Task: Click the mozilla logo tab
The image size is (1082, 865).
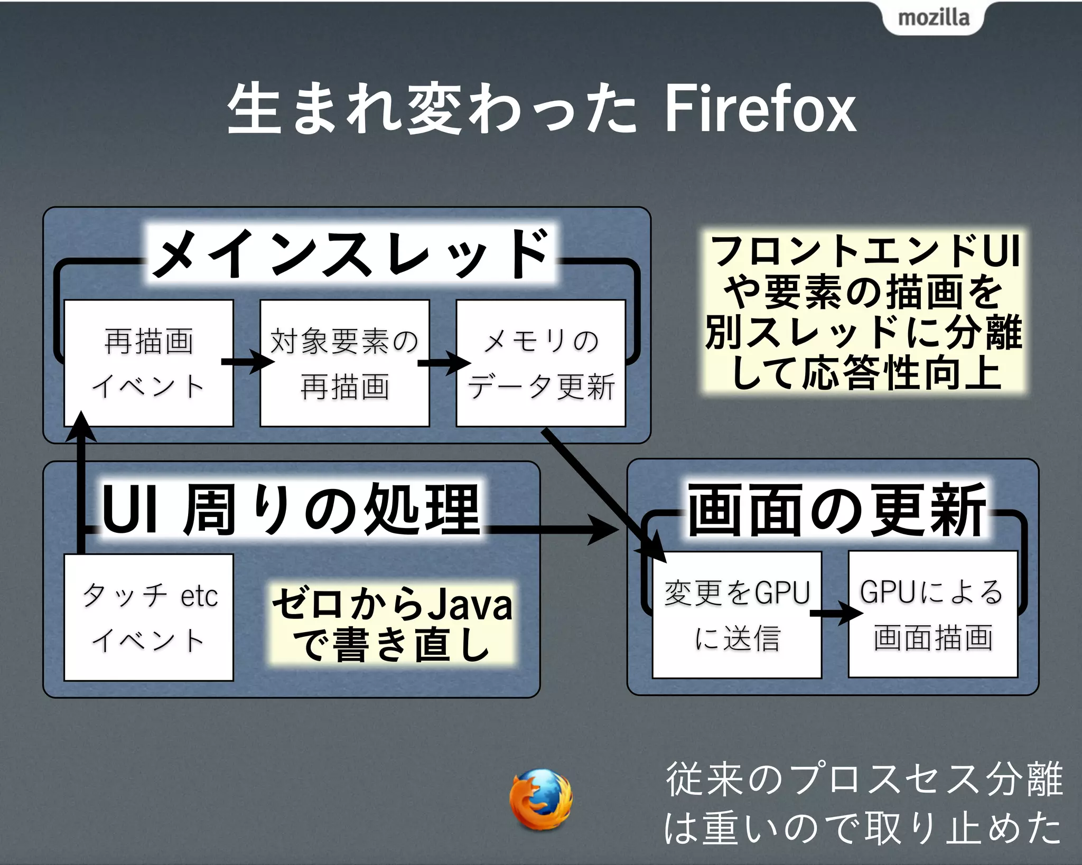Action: (934, 18)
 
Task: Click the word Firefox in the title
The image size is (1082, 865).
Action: (759, 110)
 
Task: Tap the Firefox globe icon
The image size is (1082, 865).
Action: (540, 799)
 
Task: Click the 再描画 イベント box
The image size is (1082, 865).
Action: (148, 363)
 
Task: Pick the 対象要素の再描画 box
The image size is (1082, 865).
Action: (344, 363)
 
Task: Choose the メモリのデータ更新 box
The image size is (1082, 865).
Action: (540, 363)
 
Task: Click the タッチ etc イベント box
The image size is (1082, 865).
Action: (148, 617)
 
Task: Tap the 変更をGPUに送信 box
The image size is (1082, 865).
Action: (737, 615)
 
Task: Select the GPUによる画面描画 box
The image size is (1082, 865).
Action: (933, 614)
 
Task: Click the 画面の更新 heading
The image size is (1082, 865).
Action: (836, 510)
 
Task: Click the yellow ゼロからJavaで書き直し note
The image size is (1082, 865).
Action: (391, 624)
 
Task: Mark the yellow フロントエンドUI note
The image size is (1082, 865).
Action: (864, 312)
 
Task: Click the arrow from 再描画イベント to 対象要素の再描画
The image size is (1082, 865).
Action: (247, 362)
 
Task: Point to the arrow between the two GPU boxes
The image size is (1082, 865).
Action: (835, 613)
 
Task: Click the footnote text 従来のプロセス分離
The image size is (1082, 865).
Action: (863, 779)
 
